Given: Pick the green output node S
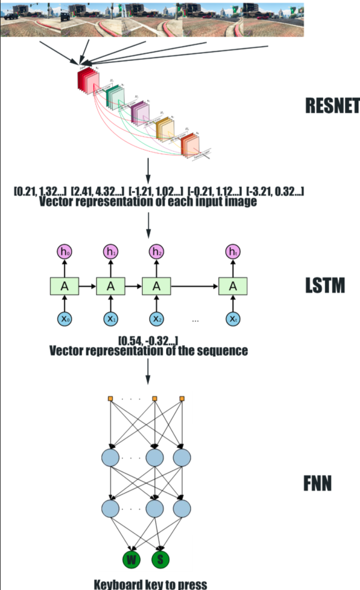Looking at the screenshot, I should (161, 559).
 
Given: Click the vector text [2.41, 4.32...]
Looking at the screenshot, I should (99, 191).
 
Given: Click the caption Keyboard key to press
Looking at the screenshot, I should (151, 585).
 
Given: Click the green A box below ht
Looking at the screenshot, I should (233, 286).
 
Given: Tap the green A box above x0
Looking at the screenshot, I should (64, 286).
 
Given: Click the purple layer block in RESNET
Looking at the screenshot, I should (140, 112).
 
